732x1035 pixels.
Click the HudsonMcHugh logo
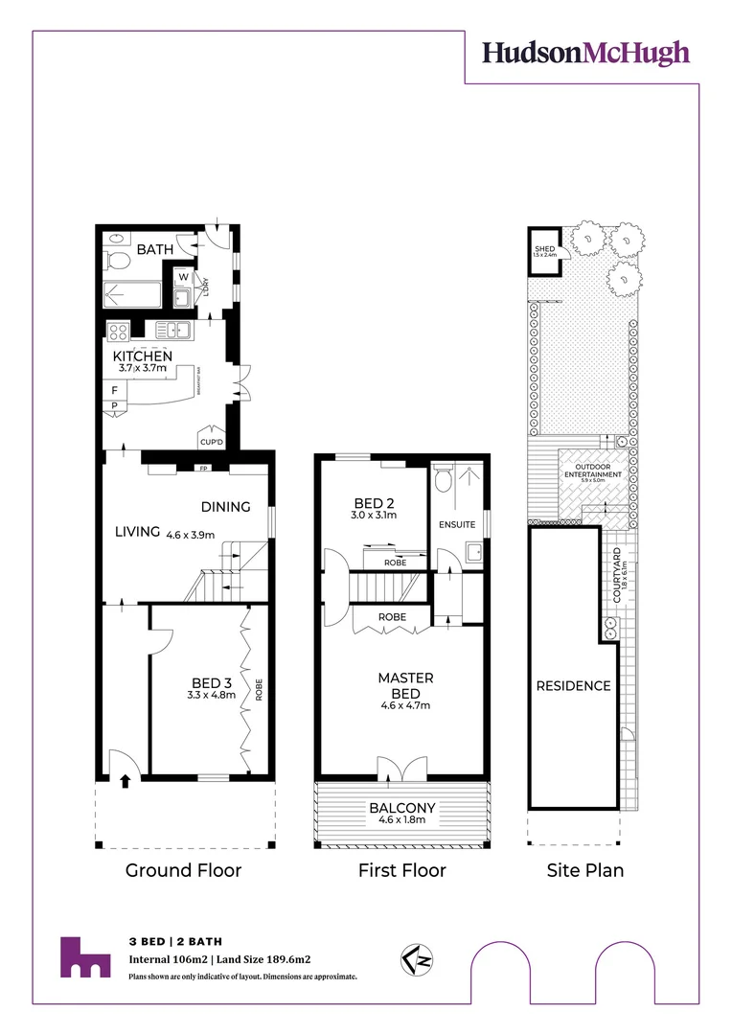(585, 53)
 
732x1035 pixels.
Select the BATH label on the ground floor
(154, 249)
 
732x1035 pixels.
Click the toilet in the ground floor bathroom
(115, 261)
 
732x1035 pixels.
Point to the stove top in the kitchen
(120, 332)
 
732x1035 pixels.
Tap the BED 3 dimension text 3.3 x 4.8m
(211, 695)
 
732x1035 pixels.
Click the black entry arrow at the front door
(124, 781)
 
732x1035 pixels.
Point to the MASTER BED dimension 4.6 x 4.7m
(403, 706)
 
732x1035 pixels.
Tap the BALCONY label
(402, 808)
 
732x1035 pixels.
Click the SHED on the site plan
(544, 250)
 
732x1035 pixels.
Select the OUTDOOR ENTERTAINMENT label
(593, 471)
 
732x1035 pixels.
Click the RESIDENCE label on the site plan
(573, 685)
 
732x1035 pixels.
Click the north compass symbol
(412, 958)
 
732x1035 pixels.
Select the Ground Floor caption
(183, 870)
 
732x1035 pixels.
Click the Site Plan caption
(584, 870)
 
